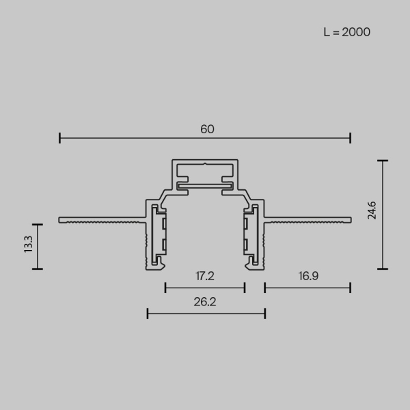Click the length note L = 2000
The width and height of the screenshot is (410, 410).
click(x=347, y=32)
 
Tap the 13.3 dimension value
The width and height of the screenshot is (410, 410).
click(x=28, y=244)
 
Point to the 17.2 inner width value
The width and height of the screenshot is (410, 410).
click(x=205, y=277)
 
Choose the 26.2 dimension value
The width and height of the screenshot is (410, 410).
click(x=205, y=302)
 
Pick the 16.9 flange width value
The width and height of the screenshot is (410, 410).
click(x=308, y=277)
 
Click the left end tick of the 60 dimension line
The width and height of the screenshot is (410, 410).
click(x=60, y=138)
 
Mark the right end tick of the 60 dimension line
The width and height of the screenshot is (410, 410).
click(x=351, y=138)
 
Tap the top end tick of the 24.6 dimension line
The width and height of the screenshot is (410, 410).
click(x=383, y=161)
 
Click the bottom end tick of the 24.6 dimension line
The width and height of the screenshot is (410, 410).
click(x=383, y=269)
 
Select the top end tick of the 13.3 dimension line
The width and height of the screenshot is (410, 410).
click(x=38, y=224)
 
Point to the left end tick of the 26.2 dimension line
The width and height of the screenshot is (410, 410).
click(x=148, y=314)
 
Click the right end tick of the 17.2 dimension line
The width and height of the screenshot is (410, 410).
click(x=245, y=288)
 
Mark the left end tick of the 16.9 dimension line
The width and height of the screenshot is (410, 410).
click(x=265, y=288)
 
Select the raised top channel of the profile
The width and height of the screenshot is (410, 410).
click(x=205, y=174)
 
